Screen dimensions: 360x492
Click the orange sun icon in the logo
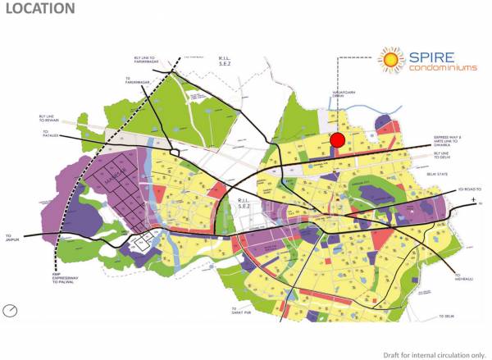coord(390,59)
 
